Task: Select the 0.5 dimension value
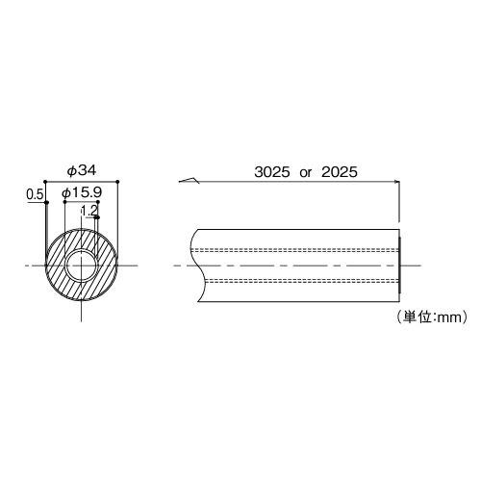click(35, 194)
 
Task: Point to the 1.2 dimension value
click(89, 210)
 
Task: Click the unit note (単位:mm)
click(429, 315)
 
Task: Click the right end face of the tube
click(399, 264)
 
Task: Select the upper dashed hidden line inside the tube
click(298, 248)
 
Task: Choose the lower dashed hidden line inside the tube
click(298, 280)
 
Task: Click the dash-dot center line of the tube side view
click(298, 264)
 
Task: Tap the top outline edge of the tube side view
click(298, 229)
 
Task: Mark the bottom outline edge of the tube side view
click(298, 299)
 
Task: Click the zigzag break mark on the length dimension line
click(190, 180)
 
